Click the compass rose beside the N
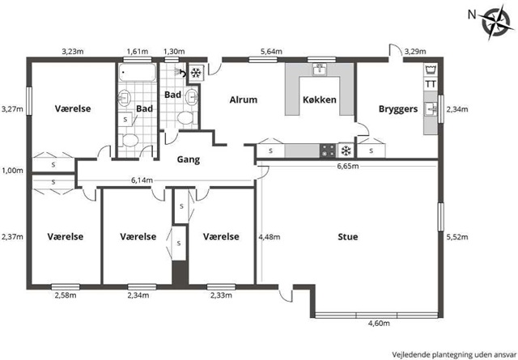(x=495, y=23)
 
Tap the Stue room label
(x=348, y=237)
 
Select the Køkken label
(x=320, y=100)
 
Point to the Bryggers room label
(x=398, y=109)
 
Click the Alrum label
(x=244, y=100)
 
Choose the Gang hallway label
(x=189, y=160)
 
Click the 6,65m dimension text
(x=348, y=166)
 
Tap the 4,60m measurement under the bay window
(x=379, y=324)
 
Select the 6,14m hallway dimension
(x=142, y=180)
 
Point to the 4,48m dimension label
(x=270, y=237)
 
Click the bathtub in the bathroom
(x=137, y=73)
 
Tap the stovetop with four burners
(x=328, y=150)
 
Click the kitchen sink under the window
(x=319, y=70)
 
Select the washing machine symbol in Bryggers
(x=431, y=70)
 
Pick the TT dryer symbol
(x=431, y=84)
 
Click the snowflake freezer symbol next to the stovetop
(x=346, y=151)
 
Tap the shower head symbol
(x=180, y=72)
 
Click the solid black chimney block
(x=180, y=273)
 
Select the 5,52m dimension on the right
(x=457, y=237)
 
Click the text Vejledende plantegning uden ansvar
(x=454, y=354)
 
